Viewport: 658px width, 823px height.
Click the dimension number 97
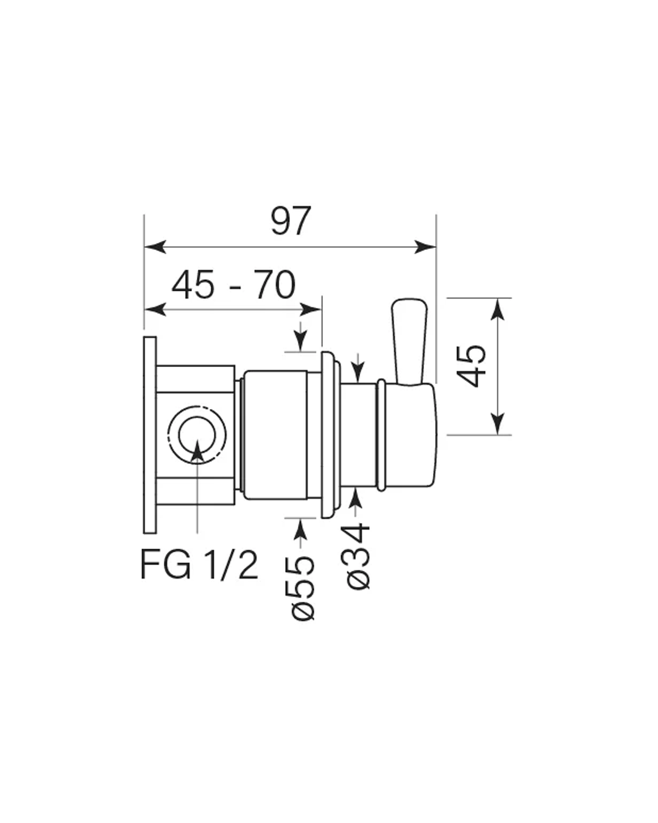pyautogui.click(x=290, y=221)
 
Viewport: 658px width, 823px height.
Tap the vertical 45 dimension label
pyautogui.click(x=471, y=366)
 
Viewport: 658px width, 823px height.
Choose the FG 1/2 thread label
pyautogui.click(x=199, y=565)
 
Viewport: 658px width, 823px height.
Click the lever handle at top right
pyautogui.click(x=409, y=341)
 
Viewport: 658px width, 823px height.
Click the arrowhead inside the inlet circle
pyautogui.click(x=197, y=450)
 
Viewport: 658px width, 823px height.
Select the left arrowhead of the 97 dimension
pyautogui.click(x=155, y=247)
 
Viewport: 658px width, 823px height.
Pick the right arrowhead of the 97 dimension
pyautogui.click(x=425, y=247)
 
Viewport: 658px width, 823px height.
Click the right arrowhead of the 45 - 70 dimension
pyautogui.click(x=311, y=309)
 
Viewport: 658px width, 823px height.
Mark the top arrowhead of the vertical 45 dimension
pyautogui.click(x=497, y=309)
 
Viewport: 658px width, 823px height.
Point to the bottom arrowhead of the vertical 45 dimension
pyautogui.click(x=497, y=424)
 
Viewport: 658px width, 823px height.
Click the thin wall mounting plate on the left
pyautogui.click(x=150, y=435)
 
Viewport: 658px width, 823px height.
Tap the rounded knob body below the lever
pyautogui.click(x=411, y=435)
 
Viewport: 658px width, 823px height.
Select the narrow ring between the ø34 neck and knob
pyautogui.click(x=381, y=435)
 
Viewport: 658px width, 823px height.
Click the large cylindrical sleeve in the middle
pyautogui.click(x=275, y=435)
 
